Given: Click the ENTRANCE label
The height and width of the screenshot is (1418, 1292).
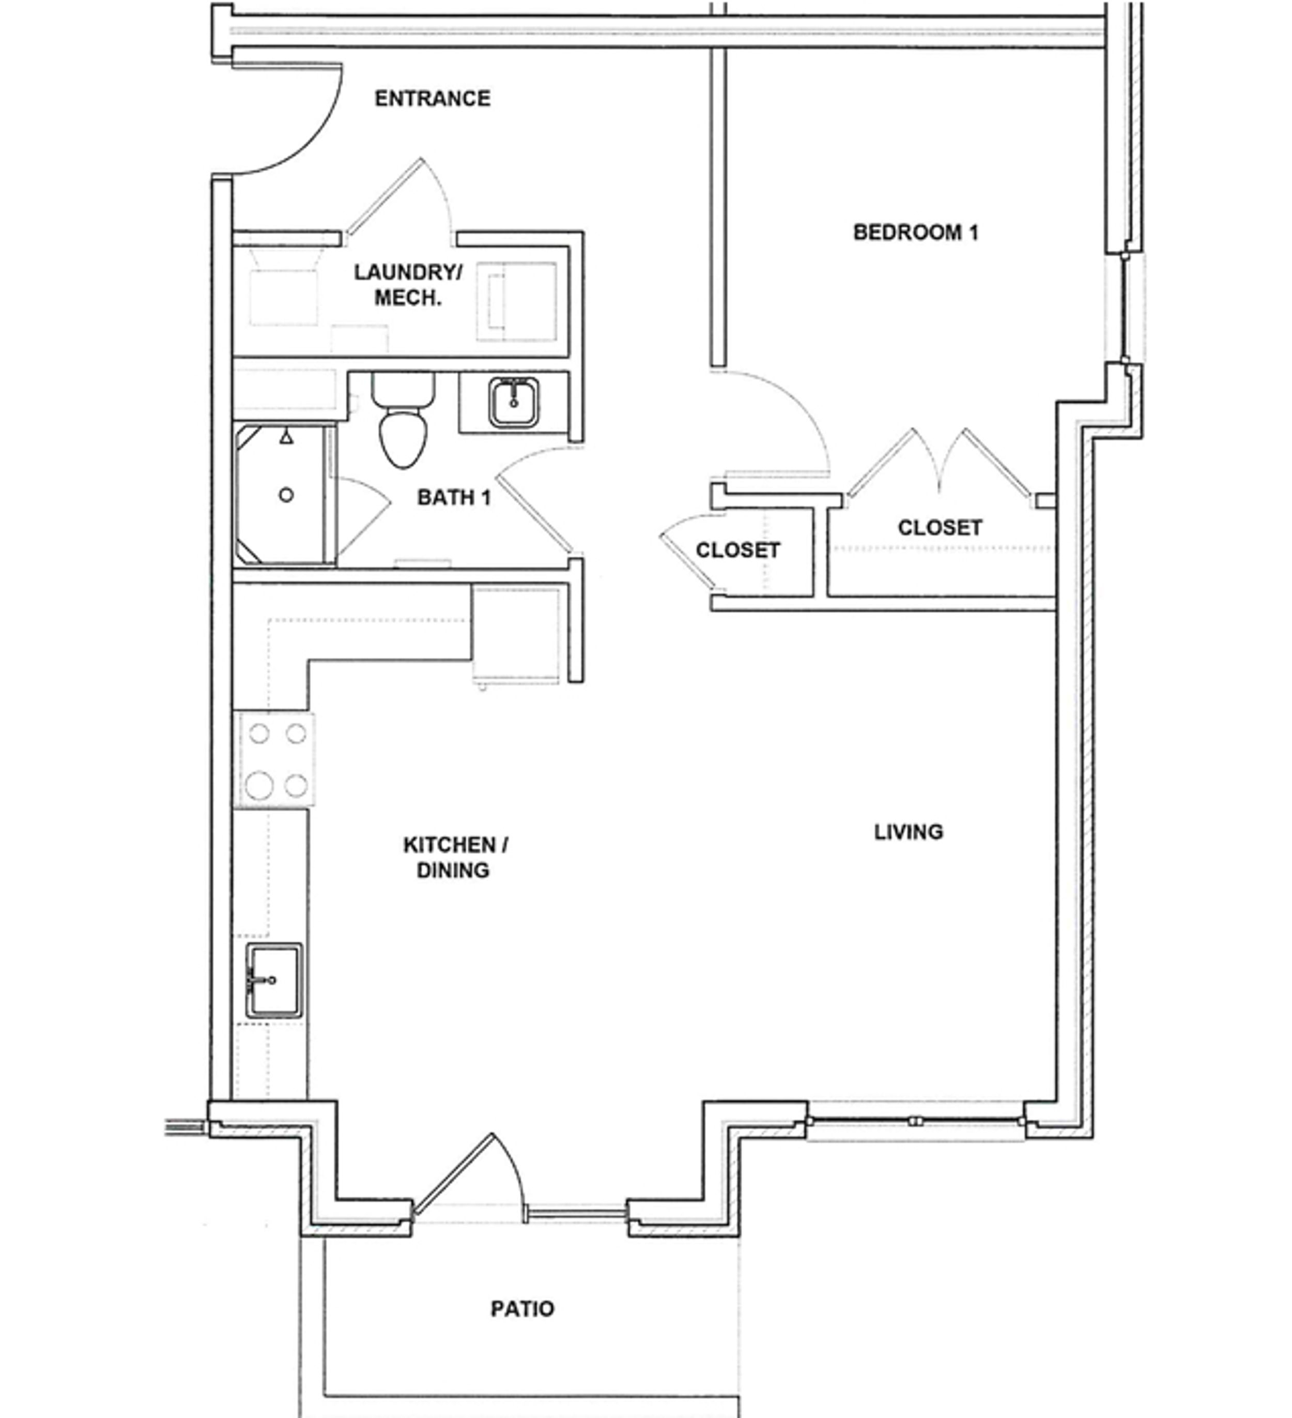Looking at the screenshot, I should tap(432, 98).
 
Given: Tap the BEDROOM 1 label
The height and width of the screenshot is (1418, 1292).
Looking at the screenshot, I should tap(915, 232).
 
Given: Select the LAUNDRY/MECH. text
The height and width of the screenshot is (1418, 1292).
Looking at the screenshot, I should tap(408, 285).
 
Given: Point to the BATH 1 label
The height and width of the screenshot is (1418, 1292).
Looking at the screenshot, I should tap(454, 497).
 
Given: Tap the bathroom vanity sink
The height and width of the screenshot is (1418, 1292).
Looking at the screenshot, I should tap(514, 402).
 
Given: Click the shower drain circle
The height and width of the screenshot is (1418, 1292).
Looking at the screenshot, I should tap(286, 495).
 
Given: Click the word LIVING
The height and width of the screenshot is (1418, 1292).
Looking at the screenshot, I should tap(908, 832).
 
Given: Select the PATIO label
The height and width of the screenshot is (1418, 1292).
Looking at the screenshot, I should tap(522, 1308).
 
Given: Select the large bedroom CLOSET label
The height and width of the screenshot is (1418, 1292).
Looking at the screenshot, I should tap(939, 527).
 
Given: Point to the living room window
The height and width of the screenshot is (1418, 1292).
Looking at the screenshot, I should tap(914, 1120).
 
